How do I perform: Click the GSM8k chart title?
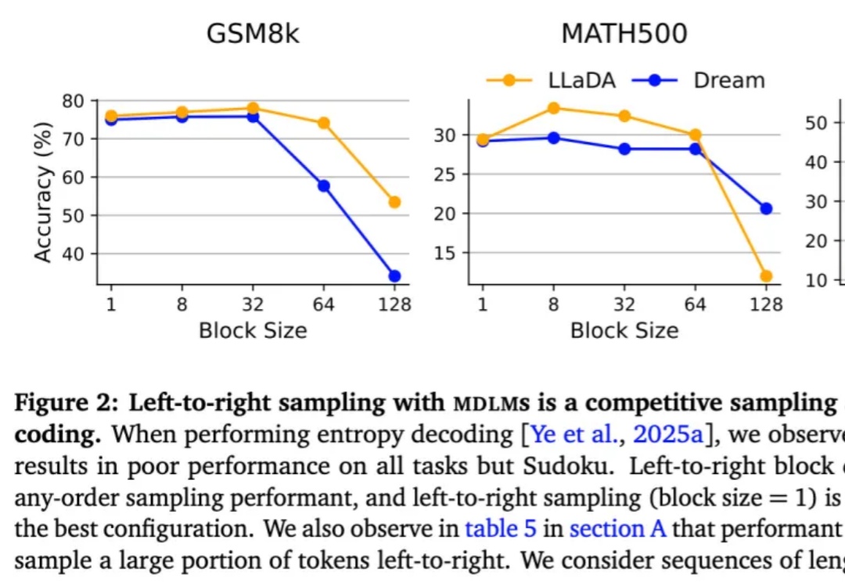(253, 34)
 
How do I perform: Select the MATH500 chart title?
(624, 34)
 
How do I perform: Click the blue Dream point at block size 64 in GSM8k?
(323, 185)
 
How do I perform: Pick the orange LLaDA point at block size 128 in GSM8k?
(394, 202)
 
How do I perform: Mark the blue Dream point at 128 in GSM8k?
(394, 275)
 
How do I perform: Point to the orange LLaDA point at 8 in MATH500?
(553, 108)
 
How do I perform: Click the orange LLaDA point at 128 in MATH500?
(766, 275)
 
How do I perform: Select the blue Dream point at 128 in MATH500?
(766, 208)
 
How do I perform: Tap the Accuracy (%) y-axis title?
(44, 192)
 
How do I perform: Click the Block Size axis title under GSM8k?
(253, 330)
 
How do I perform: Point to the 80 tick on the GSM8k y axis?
(73, 101)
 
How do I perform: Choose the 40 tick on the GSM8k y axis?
(73, 253)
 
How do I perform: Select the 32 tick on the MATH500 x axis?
(624, 305)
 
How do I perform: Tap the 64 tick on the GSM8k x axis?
(323, 305)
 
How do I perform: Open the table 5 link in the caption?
(501, 530)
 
